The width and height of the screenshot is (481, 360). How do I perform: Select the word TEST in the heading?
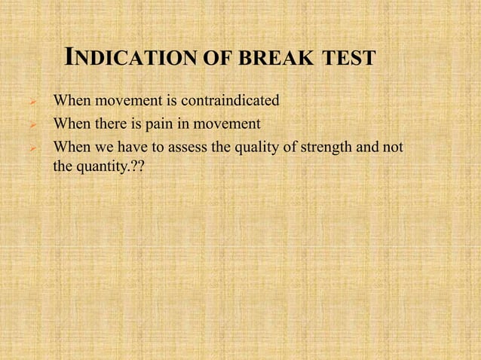[x=347, y=57]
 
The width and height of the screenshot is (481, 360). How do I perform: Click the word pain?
[x=160, y=124]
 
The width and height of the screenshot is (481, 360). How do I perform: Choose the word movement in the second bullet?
[x=214, y=124]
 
